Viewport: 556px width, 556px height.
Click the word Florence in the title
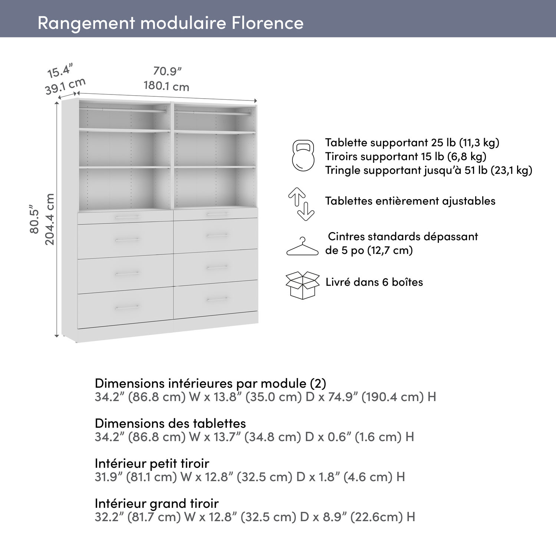pyautogui.click(x=267, y=23)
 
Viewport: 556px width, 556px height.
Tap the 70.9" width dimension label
pyautogui.click(x=168, y=71)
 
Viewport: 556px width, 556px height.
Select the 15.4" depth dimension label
pyautogui.click(x=60, y=70)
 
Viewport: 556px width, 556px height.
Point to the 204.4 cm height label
pyautogui.click(x=50, y=219)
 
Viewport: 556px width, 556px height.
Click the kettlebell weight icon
pyautogui.click(x=303, y=156)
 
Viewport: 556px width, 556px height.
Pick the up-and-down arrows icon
pyautogui.click(x=301, y=204)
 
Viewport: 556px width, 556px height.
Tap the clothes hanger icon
pyautogui.click(x=302, y=247)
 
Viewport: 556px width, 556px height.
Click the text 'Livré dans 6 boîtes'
pyautogui.click(x=374, y=282)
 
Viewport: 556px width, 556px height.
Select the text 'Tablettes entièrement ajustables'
pyautogui.click(x=410, y=201)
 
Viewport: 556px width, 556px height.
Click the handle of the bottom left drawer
pyautogui.click(x=127, y=307)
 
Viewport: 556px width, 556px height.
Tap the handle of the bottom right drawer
pyautogui.click(x=218, y=299)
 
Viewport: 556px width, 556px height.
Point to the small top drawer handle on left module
pyautogui.click(x=127, y=216)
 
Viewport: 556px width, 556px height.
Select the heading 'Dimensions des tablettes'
pyautogui.click(x=170, y=423)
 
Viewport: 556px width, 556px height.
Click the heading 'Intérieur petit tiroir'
pyautogui.click(x=152, y=463)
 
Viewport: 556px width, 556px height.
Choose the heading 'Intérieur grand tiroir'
pyautogui.click(x=156, y=503)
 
